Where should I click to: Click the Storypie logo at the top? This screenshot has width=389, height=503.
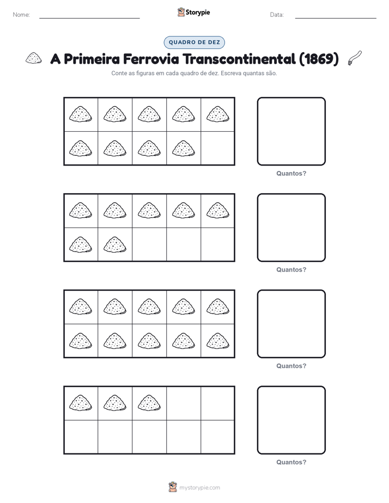pos(193,12)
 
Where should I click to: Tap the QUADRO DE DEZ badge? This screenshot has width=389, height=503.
pos(194,42)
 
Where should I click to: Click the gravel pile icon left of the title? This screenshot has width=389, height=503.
pos(34,58)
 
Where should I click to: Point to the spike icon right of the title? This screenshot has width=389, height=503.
pos(355,58)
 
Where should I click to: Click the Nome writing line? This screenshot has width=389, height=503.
pos(89,18)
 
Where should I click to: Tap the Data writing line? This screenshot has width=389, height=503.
pos(336,18)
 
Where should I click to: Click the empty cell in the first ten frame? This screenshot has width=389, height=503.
pos(217,148)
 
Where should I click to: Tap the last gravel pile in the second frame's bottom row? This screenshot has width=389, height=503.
pos(114,244)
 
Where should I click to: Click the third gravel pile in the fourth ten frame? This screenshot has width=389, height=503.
pos(149,403)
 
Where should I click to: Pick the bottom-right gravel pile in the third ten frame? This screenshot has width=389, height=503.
pos(217,341)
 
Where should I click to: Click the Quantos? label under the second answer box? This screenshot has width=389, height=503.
pos(291,269)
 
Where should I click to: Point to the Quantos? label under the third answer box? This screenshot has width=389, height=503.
pos(291,366)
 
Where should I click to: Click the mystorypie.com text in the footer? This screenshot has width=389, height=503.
pos(199,488)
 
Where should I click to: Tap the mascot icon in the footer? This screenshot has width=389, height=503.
pos(173,487)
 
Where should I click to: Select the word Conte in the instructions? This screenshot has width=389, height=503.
pos(118,73)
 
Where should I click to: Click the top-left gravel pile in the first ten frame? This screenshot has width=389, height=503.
pos(80,114)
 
